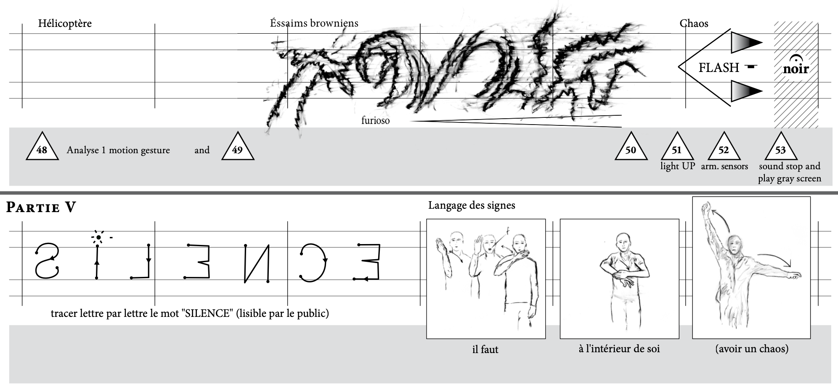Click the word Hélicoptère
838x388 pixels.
[x=65, y=24]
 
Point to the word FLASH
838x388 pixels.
[x=719, y=67]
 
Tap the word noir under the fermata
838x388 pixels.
[x=796, y=69]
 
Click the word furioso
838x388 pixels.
[x=375, y=121]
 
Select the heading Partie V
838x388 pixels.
[x=41, y=207]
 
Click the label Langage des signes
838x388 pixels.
[x=472, y=205]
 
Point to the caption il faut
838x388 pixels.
[x=485, y=349]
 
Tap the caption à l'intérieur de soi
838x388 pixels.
[x=619, y=349]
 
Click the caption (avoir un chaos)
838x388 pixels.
[x=752, y=349]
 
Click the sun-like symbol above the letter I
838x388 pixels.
[x=98, y=238]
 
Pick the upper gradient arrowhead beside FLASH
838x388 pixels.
[x=746, y=42]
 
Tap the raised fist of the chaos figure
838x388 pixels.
[x=707, y=207]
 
